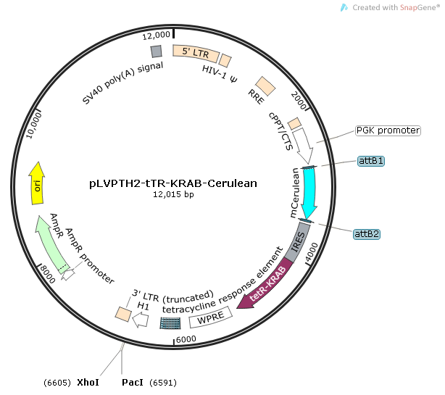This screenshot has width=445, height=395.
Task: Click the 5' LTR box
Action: pos(194,51)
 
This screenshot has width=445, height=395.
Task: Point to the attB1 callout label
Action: pos(370,161)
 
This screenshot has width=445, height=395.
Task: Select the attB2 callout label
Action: pos(367,233)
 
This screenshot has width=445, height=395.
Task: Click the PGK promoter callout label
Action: pos(388,130)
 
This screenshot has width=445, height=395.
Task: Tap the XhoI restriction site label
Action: pos(87,382)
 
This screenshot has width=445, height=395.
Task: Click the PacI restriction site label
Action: pos(132,382)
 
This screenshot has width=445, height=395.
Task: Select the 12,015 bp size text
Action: pos(174,194)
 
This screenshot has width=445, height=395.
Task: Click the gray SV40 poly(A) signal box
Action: pos(156,51)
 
